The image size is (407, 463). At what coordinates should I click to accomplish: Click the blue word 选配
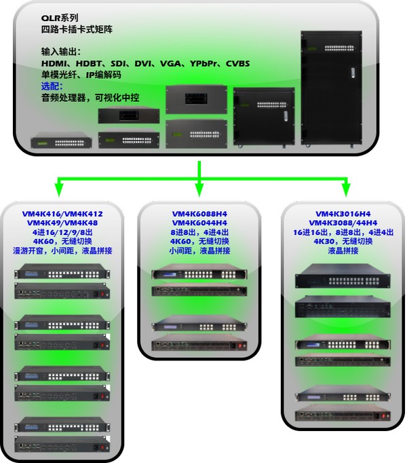[52, 86]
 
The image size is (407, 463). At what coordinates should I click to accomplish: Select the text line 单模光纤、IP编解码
[76, 75]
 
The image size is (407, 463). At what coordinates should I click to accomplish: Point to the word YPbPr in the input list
[201, 63]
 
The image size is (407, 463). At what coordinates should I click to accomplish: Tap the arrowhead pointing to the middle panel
[199, 186]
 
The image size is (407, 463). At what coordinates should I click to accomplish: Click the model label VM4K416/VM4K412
[64, 213]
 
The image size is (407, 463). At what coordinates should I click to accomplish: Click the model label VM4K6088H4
[199, 213]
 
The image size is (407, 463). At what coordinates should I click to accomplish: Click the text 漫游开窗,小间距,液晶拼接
[64, 251]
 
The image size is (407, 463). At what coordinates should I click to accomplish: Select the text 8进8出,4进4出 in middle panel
[199, 232]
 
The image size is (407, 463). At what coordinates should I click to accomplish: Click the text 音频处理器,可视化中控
[90, 98]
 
